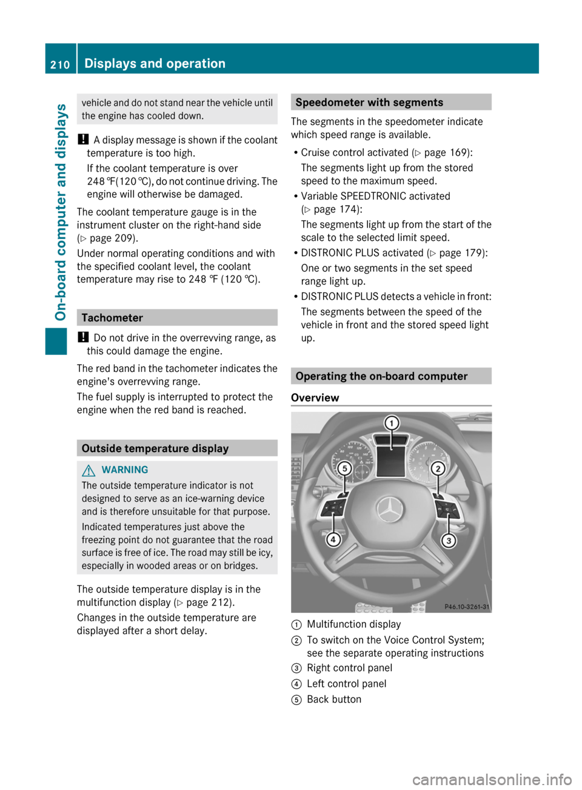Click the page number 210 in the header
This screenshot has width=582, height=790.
click(x=60, y=64)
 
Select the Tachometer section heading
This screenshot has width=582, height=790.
click(x=112, y=317)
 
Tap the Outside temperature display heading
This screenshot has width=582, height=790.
click(x=155, y=448)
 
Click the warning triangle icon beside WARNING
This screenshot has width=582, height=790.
click(x=90, y=470)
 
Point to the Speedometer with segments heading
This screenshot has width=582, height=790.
click(x=369, y=103)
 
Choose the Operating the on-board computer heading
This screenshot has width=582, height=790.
click(x=381, y=376)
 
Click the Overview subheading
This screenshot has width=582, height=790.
click(x=315, y=398)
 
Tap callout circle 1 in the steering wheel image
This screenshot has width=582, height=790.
click(x=392, y=423)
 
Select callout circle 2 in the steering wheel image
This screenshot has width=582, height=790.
click(x=438, y=468)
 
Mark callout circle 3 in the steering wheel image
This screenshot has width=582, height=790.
click(x=449, y=540)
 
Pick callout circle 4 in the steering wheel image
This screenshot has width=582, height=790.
click(x=333, y=539)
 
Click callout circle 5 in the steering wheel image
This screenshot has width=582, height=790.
click(x=344, y=468)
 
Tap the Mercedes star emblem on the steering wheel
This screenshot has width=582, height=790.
click(x=390, y=510)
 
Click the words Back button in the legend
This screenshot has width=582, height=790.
click(x=334, y=700)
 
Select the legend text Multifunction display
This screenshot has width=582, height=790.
click(x=354, y=624)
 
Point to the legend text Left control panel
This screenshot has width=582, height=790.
click(x=347, y=684)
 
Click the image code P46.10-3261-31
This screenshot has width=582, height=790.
click(x=467, y=607)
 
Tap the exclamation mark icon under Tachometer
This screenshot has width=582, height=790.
click(x=83, y=337)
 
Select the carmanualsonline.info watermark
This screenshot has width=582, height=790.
click(x=492, y=778)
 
